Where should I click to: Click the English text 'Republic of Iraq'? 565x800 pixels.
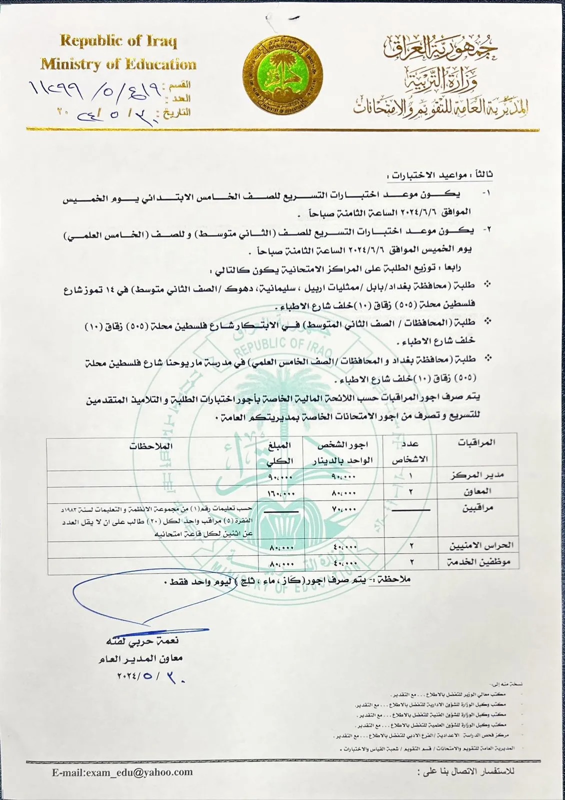(118, 41)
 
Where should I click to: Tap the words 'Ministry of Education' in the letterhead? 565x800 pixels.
(118, 64)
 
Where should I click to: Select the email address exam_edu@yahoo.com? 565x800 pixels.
(122, 772)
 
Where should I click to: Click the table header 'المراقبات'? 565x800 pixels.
(476, 442)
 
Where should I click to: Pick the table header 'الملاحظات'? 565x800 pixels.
(151, 446)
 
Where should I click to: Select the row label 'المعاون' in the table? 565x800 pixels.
(477, 491)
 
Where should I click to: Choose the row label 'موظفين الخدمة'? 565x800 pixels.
(478, 562)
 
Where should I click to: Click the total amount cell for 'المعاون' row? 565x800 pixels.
(281, 493)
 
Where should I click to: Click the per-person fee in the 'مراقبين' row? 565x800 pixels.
(343, 509)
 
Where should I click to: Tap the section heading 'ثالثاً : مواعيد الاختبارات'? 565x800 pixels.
(439, 175)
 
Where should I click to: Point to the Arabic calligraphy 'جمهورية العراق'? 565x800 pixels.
(440, 48)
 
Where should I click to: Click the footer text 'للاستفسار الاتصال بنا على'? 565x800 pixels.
(465, 771)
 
